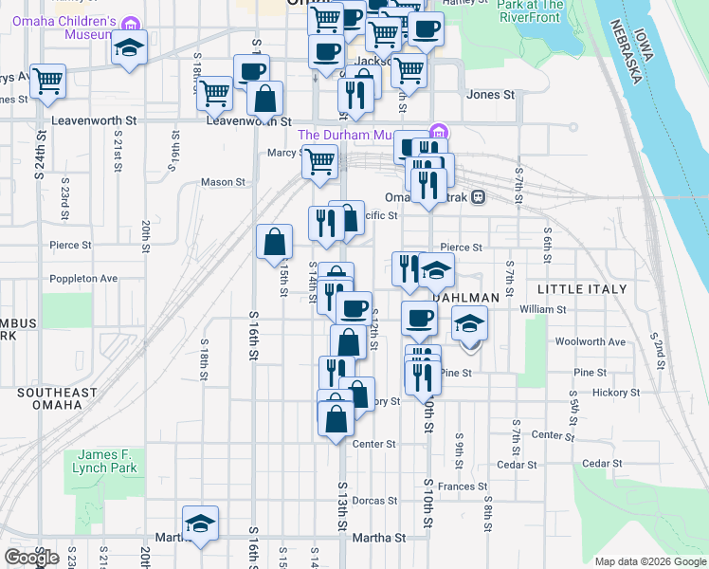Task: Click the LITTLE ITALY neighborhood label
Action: (x=582, y=288)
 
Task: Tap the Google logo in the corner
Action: (x=31, y=558)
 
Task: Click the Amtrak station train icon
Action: (x=479, y=197)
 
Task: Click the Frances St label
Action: (x=463, y=486)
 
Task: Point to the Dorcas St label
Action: (x=374, y=501)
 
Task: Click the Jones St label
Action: (x=490, y=95)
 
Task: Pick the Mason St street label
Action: (x=223, y=182)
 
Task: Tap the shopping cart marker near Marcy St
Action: (x=319, y=163)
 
